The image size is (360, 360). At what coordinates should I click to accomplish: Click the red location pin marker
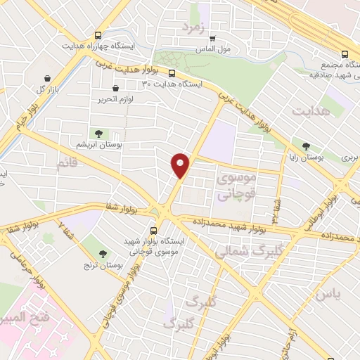click(181, 165)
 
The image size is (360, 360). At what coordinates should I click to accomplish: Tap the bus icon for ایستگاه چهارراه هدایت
click(98, 34)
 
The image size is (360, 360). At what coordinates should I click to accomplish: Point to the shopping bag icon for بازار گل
click(47, 77)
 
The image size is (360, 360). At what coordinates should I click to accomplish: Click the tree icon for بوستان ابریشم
click(98, 133)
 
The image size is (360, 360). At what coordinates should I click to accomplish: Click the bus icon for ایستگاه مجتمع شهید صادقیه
click(344, 54)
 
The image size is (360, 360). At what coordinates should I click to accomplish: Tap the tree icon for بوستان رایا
click(304, 147)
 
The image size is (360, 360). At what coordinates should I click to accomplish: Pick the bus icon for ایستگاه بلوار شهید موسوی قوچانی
click(154, 231)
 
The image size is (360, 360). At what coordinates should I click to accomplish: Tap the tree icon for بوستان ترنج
click(104, 254)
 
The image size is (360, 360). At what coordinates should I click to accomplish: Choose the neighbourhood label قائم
click(67, 163)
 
